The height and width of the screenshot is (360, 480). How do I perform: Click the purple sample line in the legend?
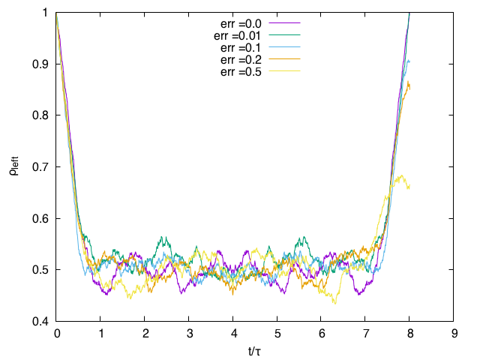tap(283, 23)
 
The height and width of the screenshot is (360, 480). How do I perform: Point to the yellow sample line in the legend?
tap(283, 71)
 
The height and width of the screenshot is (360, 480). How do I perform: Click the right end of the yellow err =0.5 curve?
tap(409, 187)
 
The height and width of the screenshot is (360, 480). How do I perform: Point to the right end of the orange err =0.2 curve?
tap(410, 85)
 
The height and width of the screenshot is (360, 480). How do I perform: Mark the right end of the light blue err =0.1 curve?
tap(410, 61)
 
